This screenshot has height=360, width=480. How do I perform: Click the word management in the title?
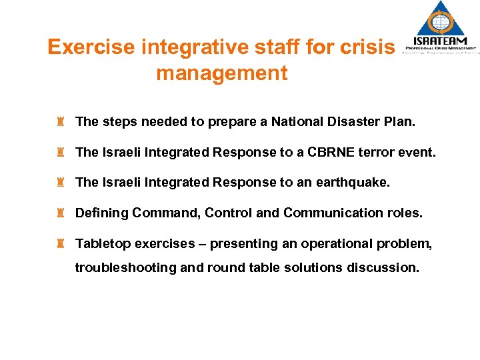coord(221,73)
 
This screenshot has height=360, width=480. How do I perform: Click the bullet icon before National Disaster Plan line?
coord(60,121)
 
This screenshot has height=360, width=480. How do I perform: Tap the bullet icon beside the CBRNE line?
coord(60,152)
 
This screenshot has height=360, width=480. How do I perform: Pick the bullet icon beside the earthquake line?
coord(60,182)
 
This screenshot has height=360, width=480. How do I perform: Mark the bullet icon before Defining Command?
coord(60,213)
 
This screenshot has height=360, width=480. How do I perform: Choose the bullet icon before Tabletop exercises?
coord(60,243)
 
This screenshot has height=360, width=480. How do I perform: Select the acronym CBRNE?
coord(335,152)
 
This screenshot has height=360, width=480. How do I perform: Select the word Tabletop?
coord(103,243)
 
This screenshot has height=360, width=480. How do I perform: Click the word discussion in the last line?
coord(386,267)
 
